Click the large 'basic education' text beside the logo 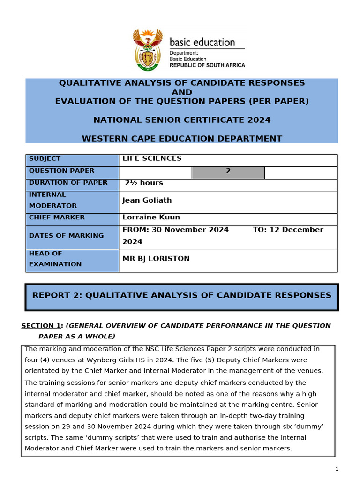(x=202, y=43)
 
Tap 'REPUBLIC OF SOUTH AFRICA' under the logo (x=207, y=65)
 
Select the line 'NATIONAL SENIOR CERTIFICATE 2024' (x=182, y=120)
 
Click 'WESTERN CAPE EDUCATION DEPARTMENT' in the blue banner (x=182, y=139)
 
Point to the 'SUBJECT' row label (x=45, y=159)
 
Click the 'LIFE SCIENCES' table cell (x=152, y=158)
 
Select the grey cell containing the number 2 (x=228, y=171)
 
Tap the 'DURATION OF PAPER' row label (x=68, y=183)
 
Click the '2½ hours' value (x=144, y=183)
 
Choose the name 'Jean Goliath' (x=147, y=200)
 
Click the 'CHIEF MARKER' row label (x=57, y=217)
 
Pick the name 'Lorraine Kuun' (x=151, y=217)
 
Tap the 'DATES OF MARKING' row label (x=66, y=236)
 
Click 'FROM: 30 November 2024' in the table (x=175, y=230)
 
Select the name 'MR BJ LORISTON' (x=156, y=259)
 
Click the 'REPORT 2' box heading (x=181, y=295)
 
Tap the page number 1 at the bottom (x=337, y=469)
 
